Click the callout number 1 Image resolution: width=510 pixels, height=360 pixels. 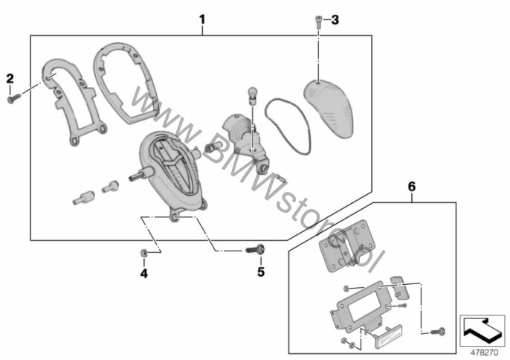pos(202,19)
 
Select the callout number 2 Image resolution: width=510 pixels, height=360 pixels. pos(10,78)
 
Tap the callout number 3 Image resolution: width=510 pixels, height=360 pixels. pos(335,20)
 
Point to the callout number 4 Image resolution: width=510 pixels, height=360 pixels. pos(143,274)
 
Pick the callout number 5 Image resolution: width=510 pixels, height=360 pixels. pos(261,271)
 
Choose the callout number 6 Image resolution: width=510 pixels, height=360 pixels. pos(412,187)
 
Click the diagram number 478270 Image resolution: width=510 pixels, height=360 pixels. pos(484,353)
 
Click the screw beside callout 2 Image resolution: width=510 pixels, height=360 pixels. pos(13,98)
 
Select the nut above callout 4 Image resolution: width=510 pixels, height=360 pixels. pos(143,253)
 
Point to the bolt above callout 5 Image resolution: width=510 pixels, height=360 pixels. pos(255,250)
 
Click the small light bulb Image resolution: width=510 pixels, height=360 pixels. pos(253,95)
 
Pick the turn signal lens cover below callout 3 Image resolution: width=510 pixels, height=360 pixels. pos(329,107)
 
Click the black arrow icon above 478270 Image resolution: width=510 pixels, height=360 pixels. pos(482,330)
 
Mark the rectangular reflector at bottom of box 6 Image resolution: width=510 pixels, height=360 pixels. pos(389,337)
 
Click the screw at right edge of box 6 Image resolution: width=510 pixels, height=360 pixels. pos(438,332)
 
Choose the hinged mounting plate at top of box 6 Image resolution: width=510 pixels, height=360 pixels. pos(347,245)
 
